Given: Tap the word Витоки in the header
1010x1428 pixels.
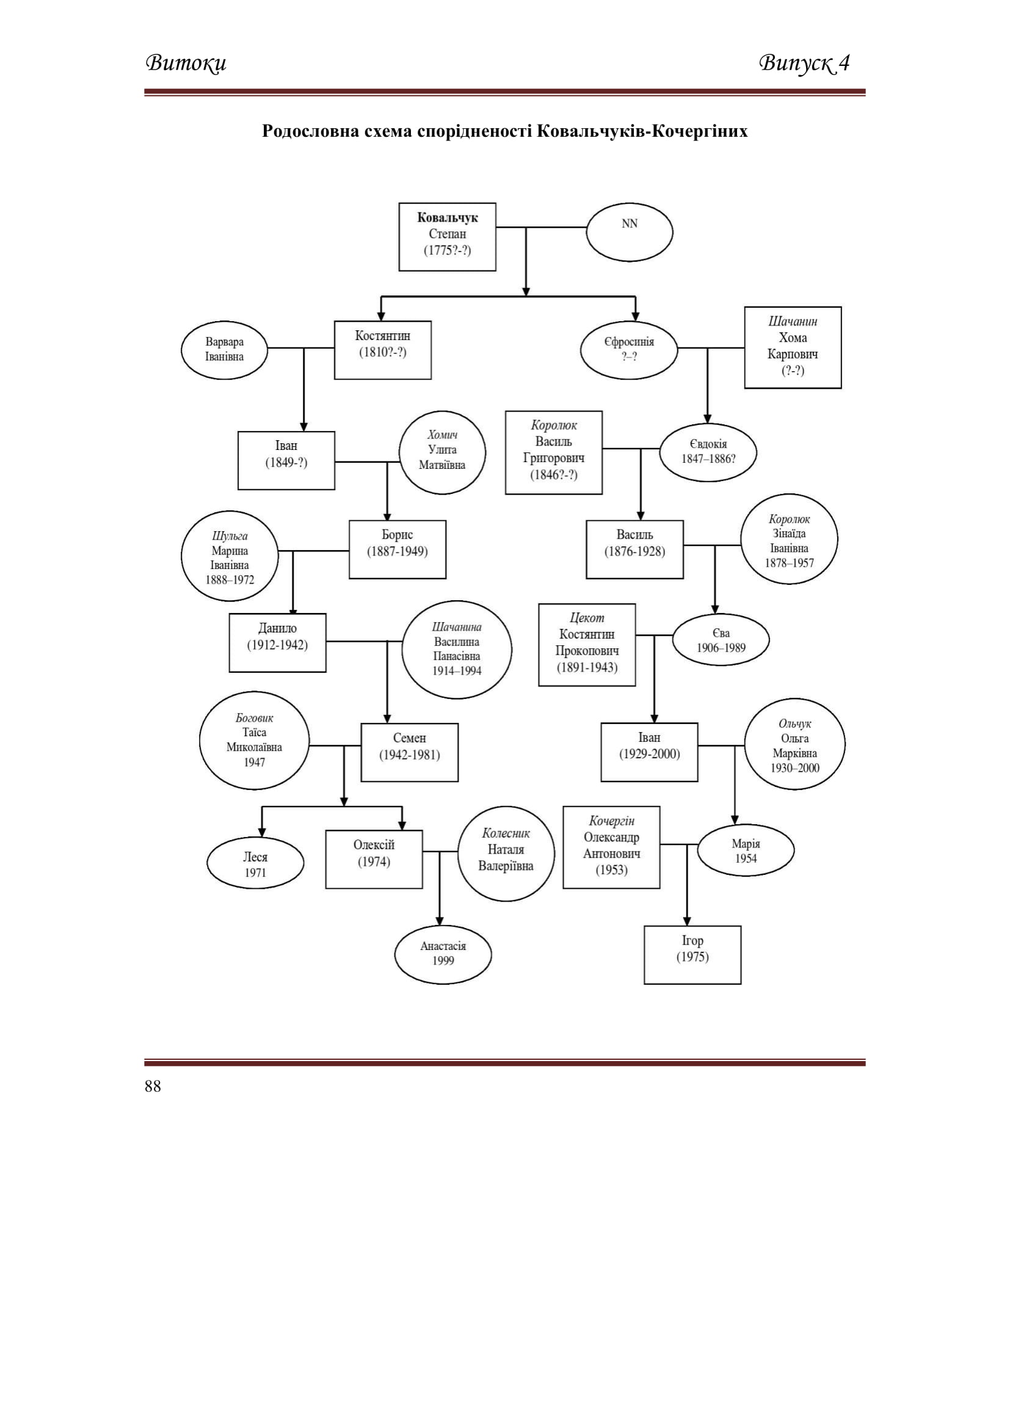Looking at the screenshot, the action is coord(186,63).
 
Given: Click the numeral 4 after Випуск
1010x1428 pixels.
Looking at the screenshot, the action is coord(844,62).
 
